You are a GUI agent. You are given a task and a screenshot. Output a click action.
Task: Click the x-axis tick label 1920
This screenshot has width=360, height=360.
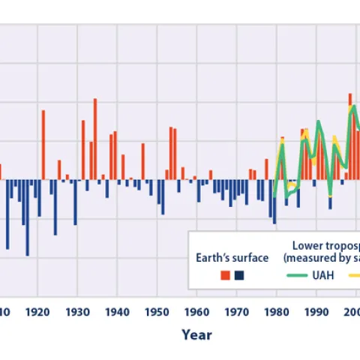(37, 311)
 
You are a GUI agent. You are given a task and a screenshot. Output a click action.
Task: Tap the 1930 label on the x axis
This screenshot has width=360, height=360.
(76, 311)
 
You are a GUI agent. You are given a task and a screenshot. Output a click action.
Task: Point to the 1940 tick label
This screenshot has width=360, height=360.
(116, 311)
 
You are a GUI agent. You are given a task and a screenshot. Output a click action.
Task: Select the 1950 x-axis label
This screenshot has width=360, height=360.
(156, 311)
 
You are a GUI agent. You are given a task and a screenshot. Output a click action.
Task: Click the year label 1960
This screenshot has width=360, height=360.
(196, 311)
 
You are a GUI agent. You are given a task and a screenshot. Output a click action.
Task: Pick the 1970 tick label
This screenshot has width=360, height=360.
(235, 311)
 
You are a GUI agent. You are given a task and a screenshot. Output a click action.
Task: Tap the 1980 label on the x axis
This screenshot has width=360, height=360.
(275, 311)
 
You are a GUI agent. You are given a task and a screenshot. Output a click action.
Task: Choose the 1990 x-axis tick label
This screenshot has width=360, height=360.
(315, 311)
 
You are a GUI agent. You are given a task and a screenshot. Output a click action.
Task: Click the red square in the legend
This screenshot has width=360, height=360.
(224, 275)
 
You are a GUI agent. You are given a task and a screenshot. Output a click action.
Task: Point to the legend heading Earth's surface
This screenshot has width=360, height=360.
(232, 257)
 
